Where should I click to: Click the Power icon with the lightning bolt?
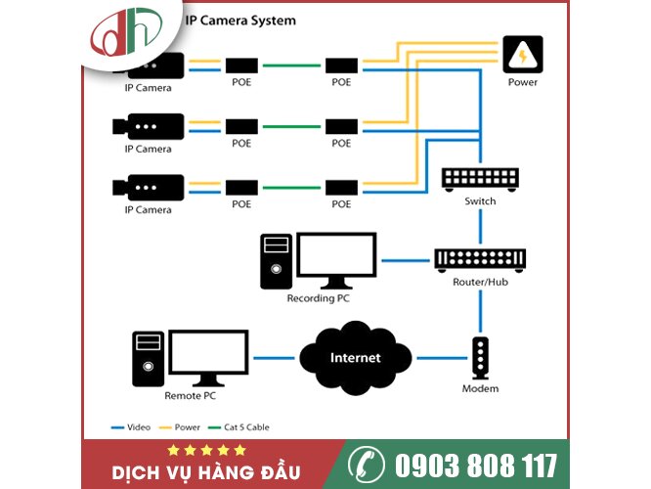click(x=522, y=55)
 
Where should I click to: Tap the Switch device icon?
click(x=480, y=178)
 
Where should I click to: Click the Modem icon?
click(x=480, y=358)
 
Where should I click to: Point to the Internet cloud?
click(x=355, y=357)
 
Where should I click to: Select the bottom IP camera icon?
click(x=149, y=187)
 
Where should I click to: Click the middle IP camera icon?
click(x=149, y=127)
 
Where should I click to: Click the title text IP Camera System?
click(x=240, y=20)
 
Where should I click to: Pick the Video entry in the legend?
click(x=134, y=427)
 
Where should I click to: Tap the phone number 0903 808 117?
click(x=476, y=465)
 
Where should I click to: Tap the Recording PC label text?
click(x=318, y=298)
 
